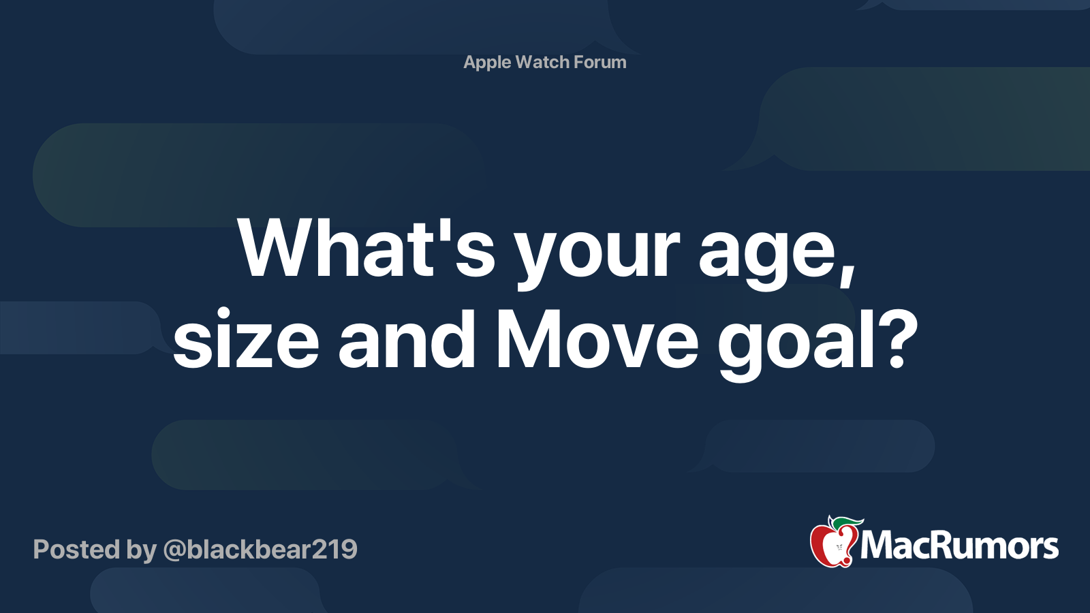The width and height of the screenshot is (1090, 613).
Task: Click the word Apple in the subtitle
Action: pyautogui.click(x=487, y=63)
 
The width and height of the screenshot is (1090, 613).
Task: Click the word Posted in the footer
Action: pyautogui.click(x=76, y=549)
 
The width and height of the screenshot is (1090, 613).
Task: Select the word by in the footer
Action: pyautogui.click(x=141, y=551)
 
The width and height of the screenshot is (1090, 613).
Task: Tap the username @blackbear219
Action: pyautogui.click(x=260, y=550)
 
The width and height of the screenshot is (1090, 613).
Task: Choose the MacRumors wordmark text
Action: pyautogui.click(x=959, y=546)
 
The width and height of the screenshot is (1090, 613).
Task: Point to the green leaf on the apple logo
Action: pyautogui.click(x=844, y=524)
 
